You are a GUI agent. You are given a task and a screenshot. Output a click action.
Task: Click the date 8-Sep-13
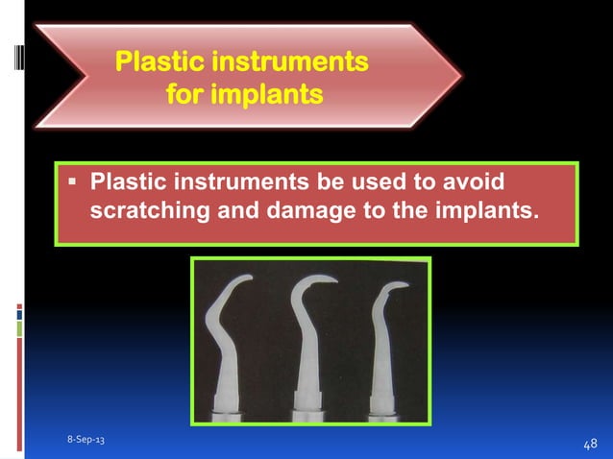click(x=86, y=439)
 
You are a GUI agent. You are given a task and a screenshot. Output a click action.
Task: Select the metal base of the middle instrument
click(x=309, y=415)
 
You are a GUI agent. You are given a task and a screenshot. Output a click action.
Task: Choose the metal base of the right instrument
click(x=388, y=415)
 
